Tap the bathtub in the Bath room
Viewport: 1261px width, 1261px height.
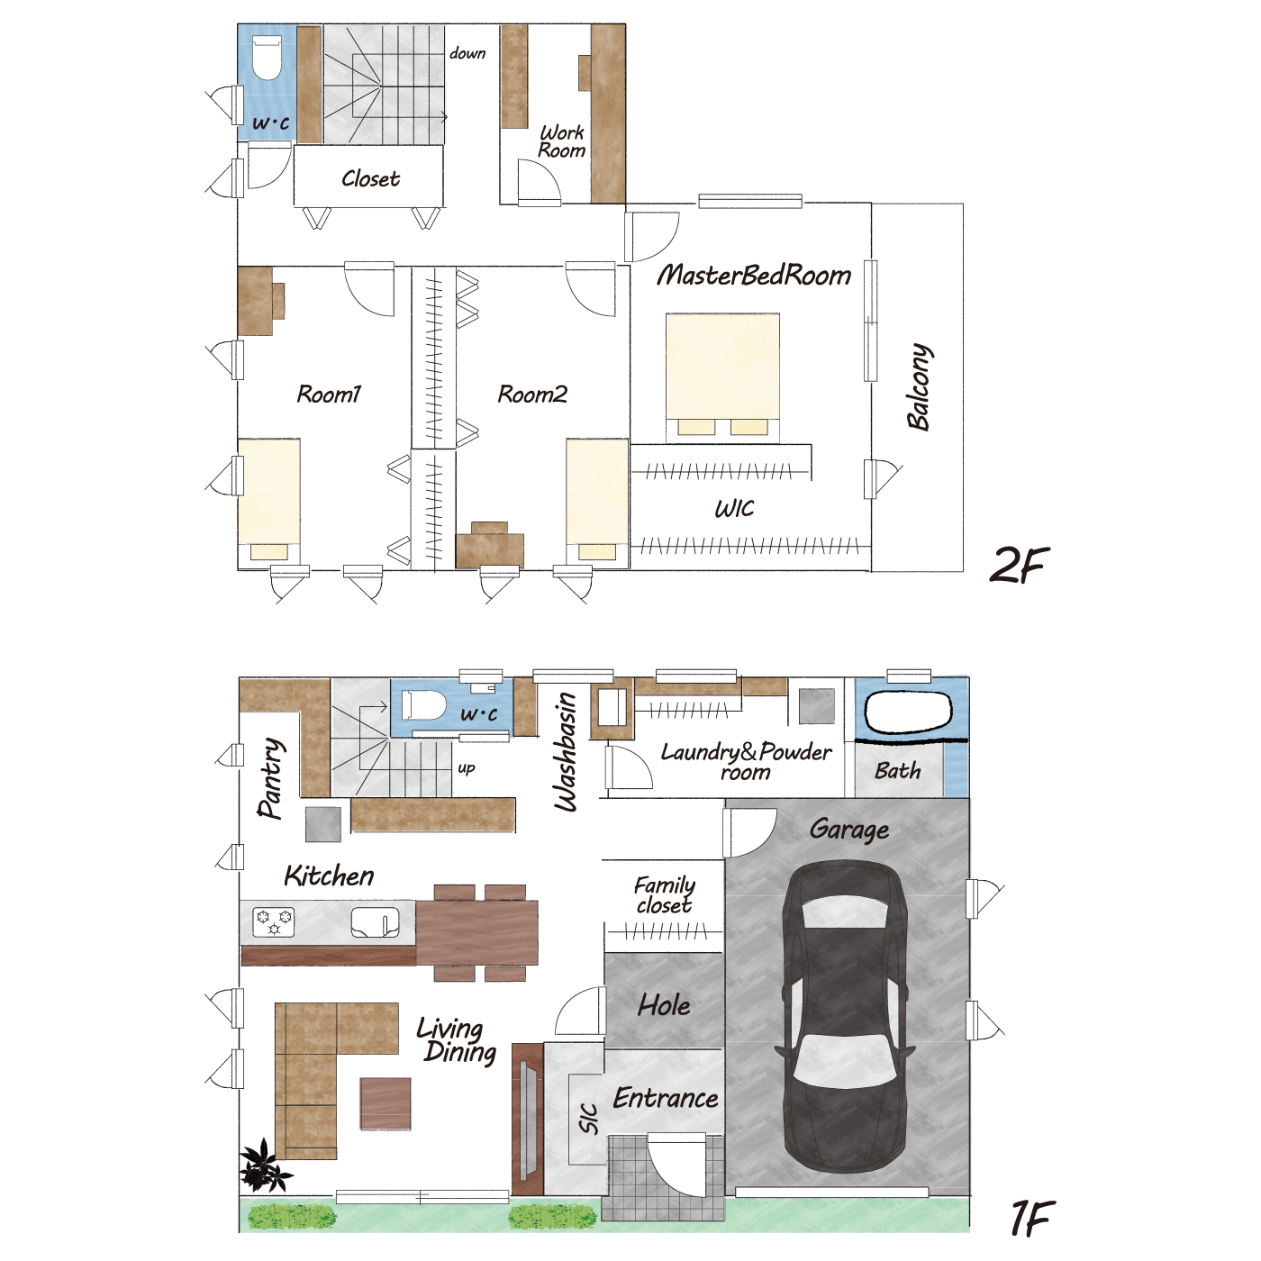(908, 712)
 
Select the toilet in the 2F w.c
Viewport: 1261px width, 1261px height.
(267, 59)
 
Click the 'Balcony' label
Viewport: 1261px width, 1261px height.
(920, 386)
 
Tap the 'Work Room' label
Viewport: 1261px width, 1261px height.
(561, 141)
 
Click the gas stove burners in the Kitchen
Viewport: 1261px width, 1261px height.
(274, 922)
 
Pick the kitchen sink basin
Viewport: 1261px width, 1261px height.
(375, 922)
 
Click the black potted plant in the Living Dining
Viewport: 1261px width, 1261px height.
(263, 1166)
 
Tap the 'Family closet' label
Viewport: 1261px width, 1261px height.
(664, 894)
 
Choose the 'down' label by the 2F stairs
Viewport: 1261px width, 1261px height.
(467, 53)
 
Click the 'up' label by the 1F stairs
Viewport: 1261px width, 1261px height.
(467, 768)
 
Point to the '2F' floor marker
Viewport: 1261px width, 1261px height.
(1019, 564)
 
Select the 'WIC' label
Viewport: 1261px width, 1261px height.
(734, 509)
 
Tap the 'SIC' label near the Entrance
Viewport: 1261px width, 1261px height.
(589, 1119)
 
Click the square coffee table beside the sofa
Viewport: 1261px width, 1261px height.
(386, 1104)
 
